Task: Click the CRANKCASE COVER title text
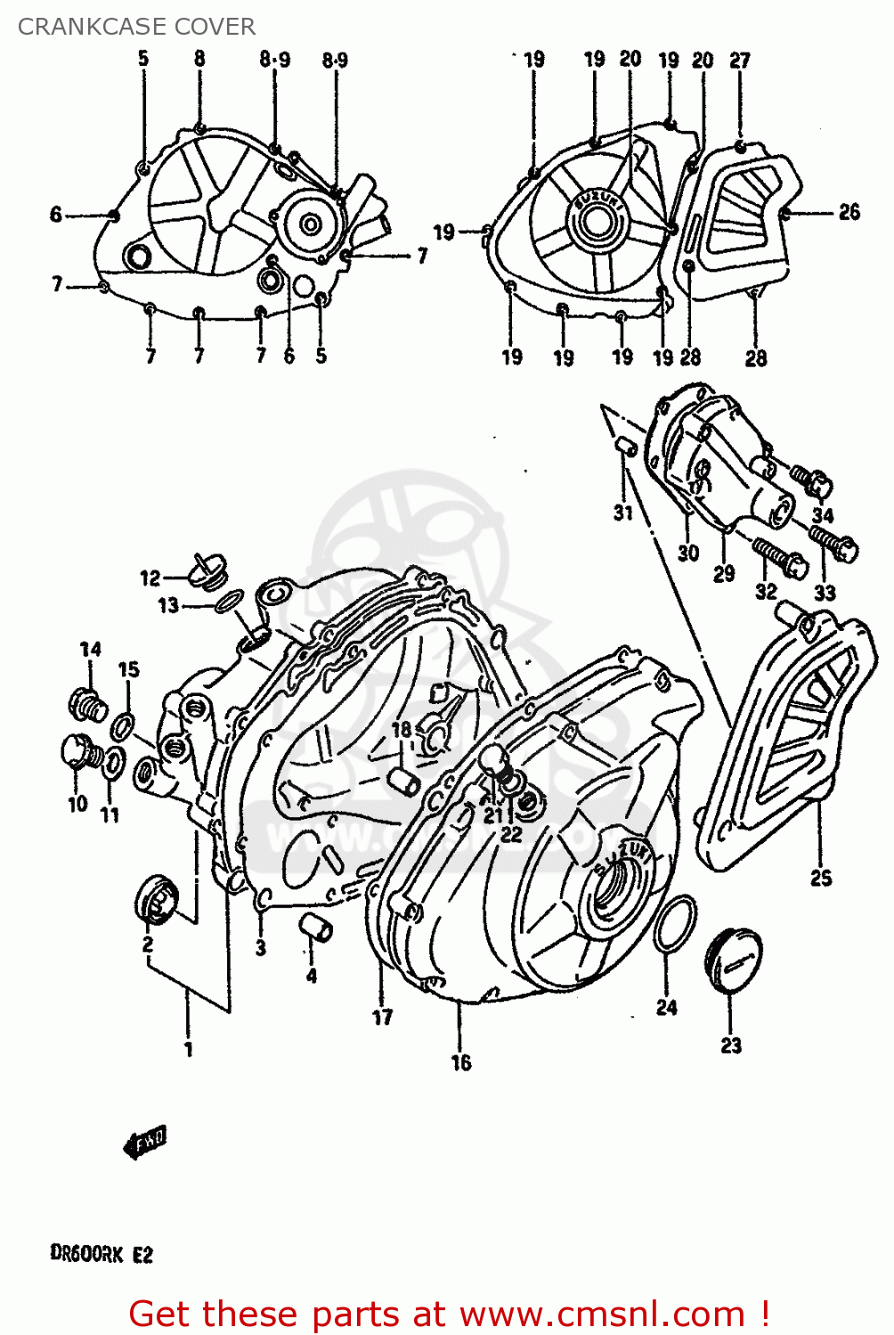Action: (x=136, y=27)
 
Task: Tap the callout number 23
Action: (x=730, y=1046)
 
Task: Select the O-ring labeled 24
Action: (x=675, y=923)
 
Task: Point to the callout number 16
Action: (x=460, y=1063)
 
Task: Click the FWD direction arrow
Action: (x=144, y=1142)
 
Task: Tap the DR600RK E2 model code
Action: (x=102, y=1255)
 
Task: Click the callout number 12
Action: (x=150, y=578)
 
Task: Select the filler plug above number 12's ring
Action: (x=209, y=570)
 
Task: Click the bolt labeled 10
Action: (x=77, y=753)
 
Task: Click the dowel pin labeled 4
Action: (x=316, y=926)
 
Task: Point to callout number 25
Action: (x=820, y=878)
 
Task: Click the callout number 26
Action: (x=849, y=212)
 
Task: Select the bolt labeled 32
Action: (x=780, y=555)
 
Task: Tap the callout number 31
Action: (x=622, y=513)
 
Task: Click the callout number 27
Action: (x=740, y=60)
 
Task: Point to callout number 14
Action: (x=90, y=650)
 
